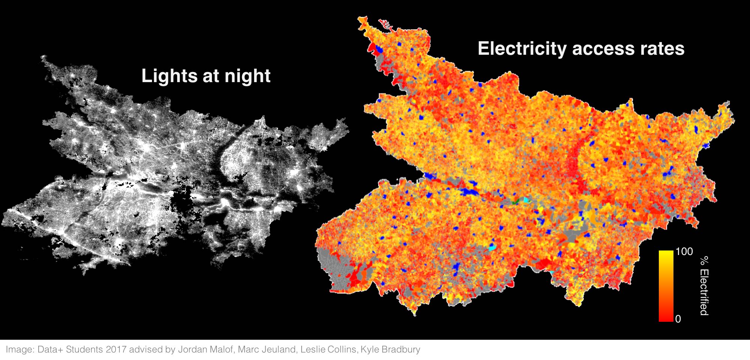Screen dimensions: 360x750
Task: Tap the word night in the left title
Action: tap(247, 76)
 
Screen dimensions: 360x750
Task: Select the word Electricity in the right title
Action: tap(522, 49)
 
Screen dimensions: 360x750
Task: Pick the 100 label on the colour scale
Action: tap(684, 252)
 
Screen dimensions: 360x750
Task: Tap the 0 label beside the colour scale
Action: tap(678, 319)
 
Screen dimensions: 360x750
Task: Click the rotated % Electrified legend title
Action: tap(704, 286)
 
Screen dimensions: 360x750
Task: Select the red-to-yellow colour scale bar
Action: tap(666, 286)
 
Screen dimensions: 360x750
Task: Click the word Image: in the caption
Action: tap(20, 350)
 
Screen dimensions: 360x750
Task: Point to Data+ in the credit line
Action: tap(50, 350)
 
